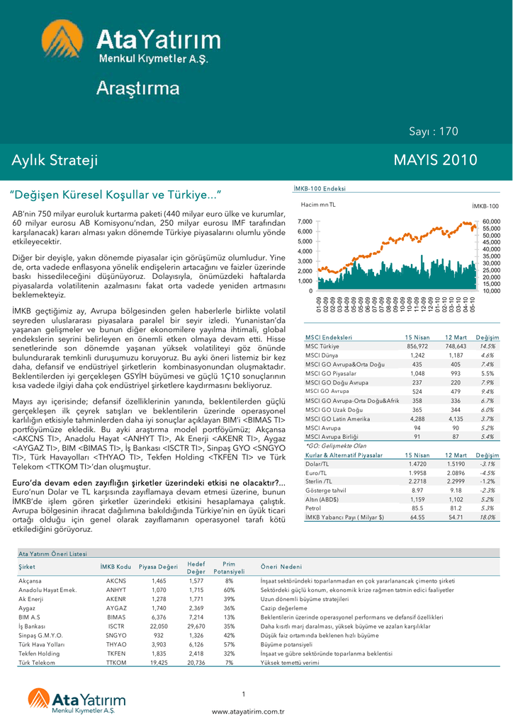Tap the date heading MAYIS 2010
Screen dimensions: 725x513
click(435, 161)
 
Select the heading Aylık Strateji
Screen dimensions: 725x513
click(55, 161)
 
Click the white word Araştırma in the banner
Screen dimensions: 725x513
click(138, 89)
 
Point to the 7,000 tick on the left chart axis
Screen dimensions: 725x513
click(305, 222)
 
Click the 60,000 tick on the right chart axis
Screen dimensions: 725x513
click(491, 222)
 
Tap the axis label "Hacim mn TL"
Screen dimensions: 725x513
click(318, 205)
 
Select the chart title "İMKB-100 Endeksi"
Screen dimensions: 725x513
click(320, 189)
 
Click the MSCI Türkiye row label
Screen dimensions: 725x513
click(322, 346)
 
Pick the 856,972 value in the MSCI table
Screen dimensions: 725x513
click(417, 346)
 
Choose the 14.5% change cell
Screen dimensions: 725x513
click(487, 346)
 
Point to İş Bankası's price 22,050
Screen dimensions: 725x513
click(159, 627)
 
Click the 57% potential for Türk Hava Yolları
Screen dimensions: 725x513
click(229, 645)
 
